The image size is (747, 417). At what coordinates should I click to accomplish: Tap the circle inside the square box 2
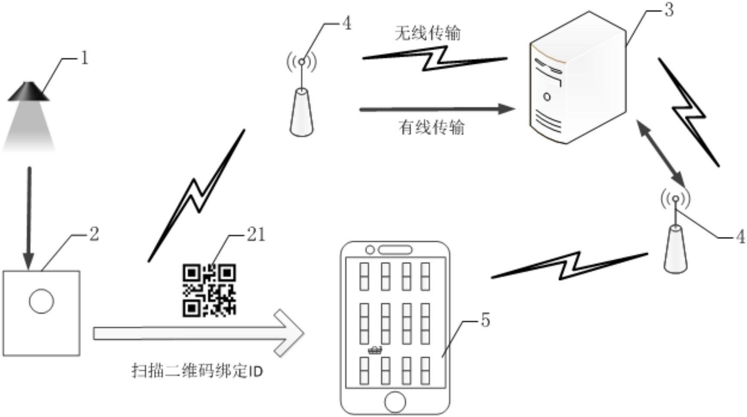(x=42, y=301)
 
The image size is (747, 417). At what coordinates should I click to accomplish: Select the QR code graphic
(x=209, y=291)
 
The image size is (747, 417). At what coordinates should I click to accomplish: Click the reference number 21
(x=256, y=235)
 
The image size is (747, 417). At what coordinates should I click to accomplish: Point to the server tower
(x=578, y=78)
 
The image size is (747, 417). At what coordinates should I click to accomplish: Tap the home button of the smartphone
(x=395, y=402)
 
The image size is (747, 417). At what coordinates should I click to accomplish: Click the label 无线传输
(x=428, y=33)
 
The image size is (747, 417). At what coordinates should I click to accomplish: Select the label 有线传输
(x=432, y=127)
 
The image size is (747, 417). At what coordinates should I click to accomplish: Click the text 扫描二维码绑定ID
(x=197, y=371)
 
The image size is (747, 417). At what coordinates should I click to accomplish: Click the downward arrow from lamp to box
(x=29, y=218)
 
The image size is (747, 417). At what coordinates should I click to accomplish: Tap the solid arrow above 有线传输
(x=437, y=109)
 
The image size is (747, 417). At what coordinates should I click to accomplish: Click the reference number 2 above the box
(x=94, y=234)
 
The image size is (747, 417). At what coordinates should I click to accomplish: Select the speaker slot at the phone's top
(x=395, y=250)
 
